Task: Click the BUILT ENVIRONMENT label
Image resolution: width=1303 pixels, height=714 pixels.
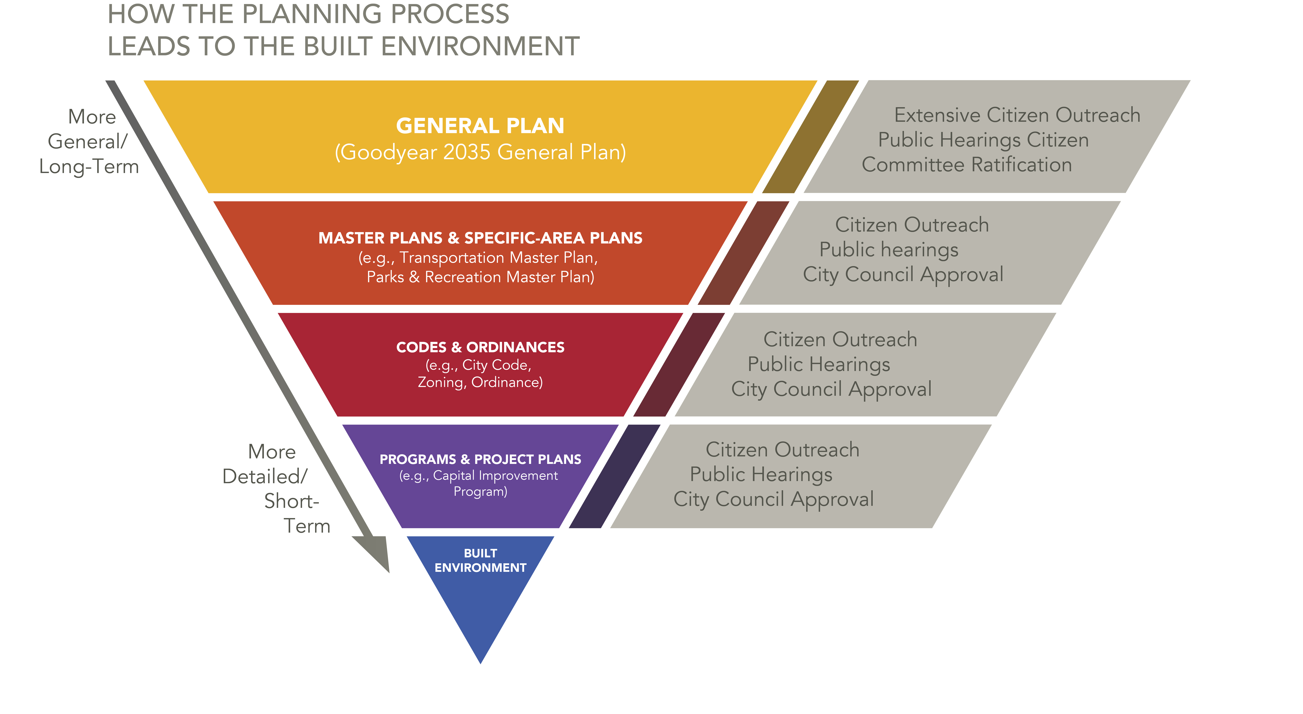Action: (x=480, y=560)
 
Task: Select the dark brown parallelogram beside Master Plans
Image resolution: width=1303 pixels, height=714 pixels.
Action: (x=744, y=253)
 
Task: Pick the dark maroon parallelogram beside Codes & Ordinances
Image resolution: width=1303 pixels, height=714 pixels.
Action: (x=679, y=364)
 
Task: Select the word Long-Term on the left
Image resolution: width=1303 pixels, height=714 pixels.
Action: (x=89, y=167)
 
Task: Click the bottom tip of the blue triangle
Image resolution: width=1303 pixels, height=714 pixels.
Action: (x=481, y=663)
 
